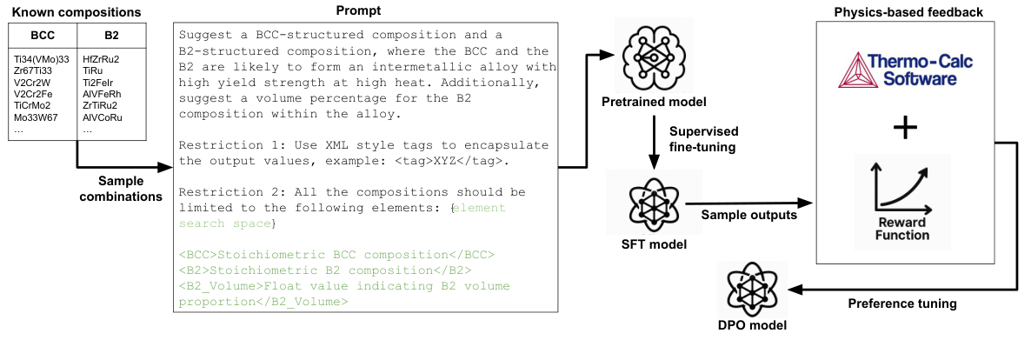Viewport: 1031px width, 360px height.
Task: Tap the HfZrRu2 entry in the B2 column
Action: [101, 59]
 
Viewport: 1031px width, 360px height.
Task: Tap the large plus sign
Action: [906, 129]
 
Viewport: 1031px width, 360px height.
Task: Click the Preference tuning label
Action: [903, 303]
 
